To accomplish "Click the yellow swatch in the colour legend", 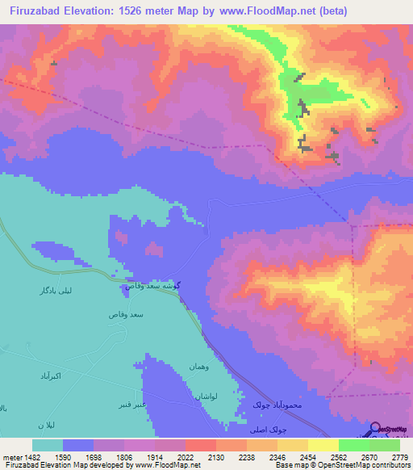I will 323,446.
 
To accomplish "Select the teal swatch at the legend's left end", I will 48,446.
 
